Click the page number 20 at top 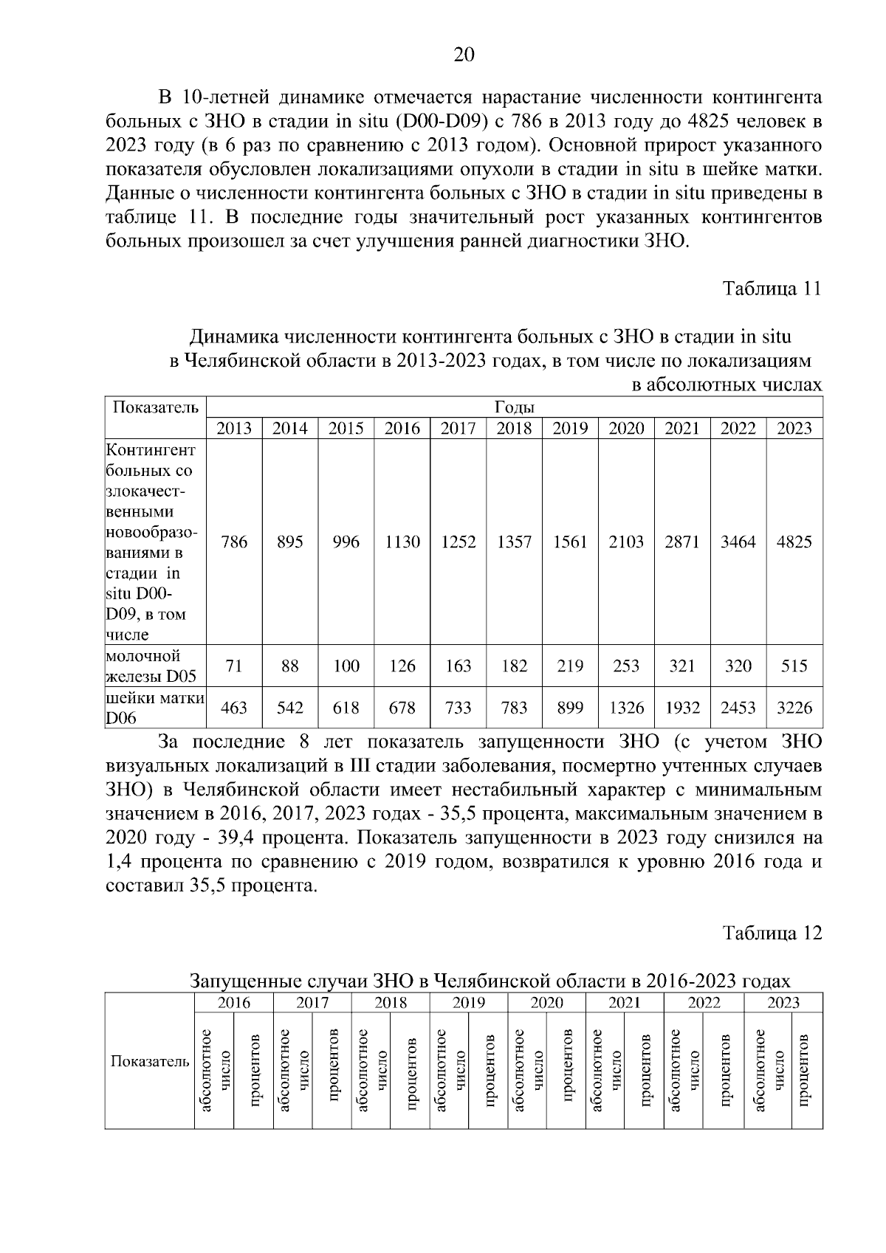[x=463, y=55]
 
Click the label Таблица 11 [x=772, y=288]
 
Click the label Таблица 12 [x=772, y=932]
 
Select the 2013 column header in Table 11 [x=234, y=429]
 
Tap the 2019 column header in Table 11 [x=570, y=429]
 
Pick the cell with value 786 [x=234, y=542]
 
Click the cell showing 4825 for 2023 [x=794, y=542]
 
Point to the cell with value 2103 [x=626, y=542]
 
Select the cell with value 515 [x=794, y=666]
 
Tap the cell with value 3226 [x=794, y=708]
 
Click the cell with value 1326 [x=626, y=708]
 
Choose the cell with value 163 [x=458, y=666]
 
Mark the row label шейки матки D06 [x=154, y=707]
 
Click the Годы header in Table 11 [x=514, y=407]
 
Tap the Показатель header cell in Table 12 [x=150, y=1061]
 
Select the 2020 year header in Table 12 [x=547, y=1002]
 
